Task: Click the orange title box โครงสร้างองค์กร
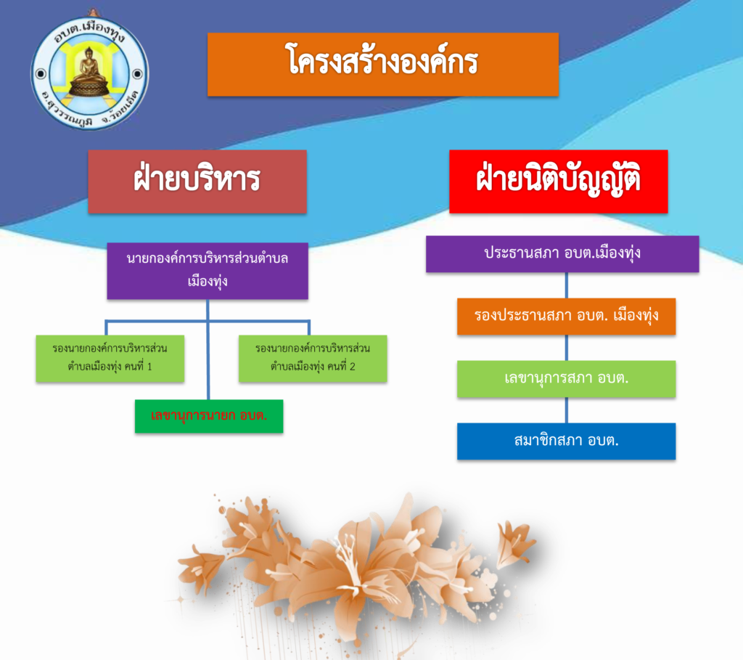point(383,65)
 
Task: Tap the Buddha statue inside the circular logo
point(89,72)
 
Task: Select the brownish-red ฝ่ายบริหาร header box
point(197,182)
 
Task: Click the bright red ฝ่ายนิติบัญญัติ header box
point(559,182)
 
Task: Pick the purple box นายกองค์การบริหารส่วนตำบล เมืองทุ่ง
point(208,271)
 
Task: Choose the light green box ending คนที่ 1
point(110,359)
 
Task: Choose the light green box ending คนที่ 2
point(313,359)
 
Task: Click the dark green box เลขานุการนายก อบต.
point(209,416)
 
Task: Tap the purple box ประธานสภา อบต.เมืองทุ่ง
point(562,254)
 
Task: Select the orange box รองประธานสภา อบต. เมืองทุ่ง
point(566,317)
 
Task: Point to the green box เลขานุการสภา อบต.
point(566,379)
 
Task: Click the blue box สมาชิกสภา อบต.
point(566,441)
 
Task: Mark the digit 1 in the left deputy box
point(149,367)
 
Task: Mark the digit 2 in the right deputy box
point(352,367)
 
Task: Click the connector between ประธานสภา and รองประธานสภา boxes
point(566,285)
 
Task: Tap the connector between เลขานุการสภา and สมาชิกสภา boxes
point(566,410)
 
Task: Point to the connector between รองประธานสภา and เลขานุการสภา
point(566,348)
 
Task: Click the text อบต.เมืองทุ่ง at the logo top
point(89,30)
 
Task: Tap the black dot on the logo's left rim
point(41,73)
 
